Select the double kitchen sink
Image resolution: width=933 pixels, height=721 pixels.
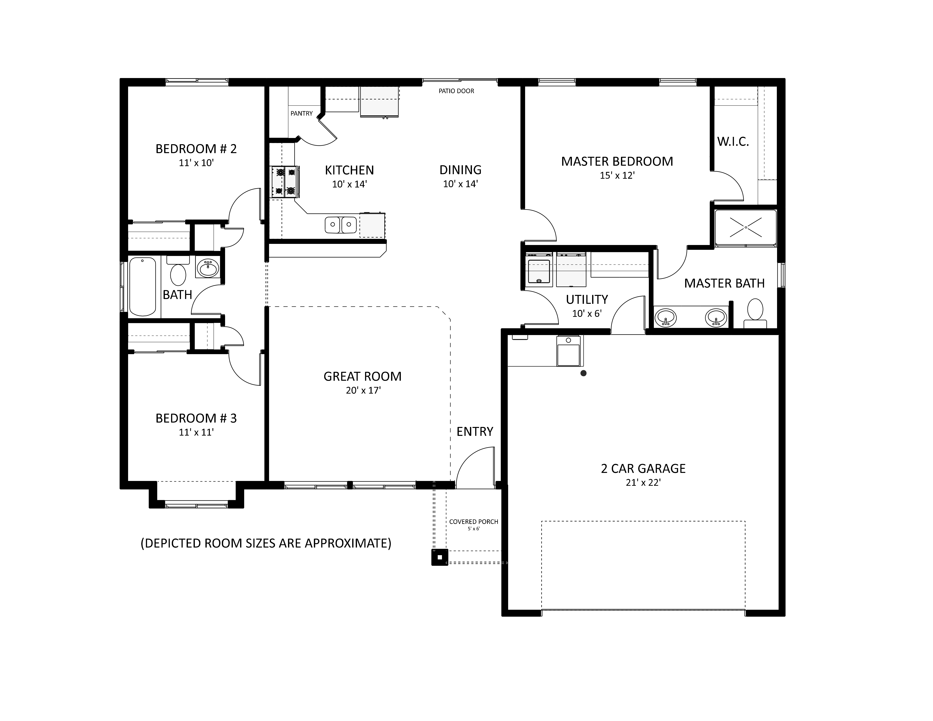pyautogui.click(x=341, y=225)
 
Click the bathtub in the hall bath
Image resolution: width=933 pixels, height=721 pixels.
pyautogui.click(x=142, y=286)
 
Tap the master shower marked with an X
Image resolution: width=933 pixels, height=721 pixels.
pyautogui.click(x=746, y=228)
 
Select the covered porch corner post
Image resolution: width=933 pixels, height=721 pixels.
pyautogui.click(x=440, y=557)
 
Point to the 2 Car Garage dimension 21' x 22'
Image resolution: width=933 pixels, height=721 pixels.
pyautogui.click(x=643, y=483)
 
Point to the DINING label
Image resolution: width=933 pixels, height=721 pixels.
pyautogui.click(x=460, y=170)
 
